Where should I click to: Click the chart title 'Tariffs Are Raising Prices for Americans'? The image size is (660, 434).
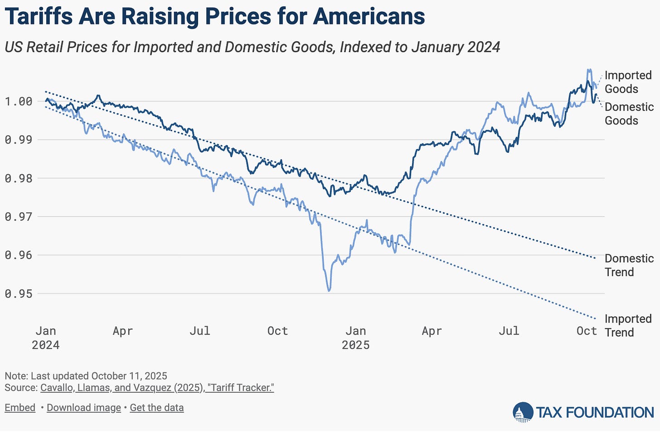pos(214,17)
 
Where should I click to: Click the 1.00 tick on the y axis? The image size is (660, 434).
pos(19,101)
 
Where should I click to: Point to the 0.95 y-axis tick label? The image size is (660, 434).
pos(19,293)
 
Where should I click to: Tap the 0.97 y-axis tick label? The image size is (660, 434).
pos(19,216)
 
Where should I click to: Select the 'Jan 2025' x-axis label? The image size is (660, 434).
pos(355,338)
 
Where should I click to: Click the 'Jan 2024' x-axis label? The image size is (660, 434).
pos(45,338)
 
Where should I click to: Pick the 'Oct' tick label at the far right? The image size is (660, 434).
pos(586,331)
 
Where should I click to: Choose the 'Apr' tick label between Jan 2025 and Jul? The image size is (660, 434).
pos(432,331)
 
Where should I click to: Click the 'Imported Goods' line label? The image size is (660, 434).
pos(628,82)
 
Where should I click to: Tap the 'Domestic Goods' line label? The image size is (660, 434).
pos(629,114)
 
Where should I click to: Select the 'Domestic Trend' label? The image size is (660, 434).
pos(629,265)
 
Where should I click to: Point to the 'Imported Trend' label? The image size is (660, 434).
pos(628,326)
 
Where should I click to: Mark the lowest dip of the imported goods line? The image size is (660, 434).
pos(329,290)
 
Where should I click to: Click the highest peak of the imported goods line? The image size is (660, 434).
pos(589,70)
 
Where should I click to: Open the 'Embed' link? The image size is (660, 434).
pos(20,408)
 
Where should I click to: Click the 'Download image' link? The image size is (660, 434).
pos(84,408)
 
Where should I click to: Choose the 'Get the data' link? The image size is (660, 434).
pos(157,408)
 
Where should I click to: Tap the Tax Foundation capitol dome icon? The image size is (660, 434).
pos(523,412)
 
